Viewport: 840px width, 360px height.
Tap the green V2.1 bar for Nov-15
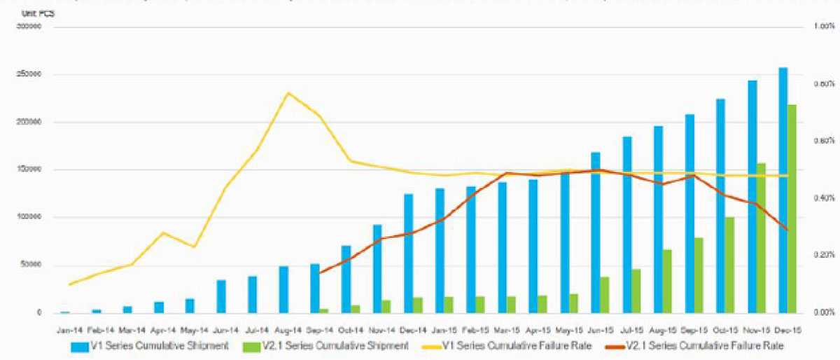(761, 238)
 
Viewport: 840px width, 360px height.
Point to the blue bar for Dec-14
(408, 253)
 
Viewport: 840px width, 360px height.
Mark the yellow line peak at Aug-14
(288, 92)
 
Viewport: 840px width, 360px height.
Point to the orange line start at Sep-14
(319, 272)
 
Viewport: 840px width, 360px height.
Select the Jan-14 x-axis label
(64, 328)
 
